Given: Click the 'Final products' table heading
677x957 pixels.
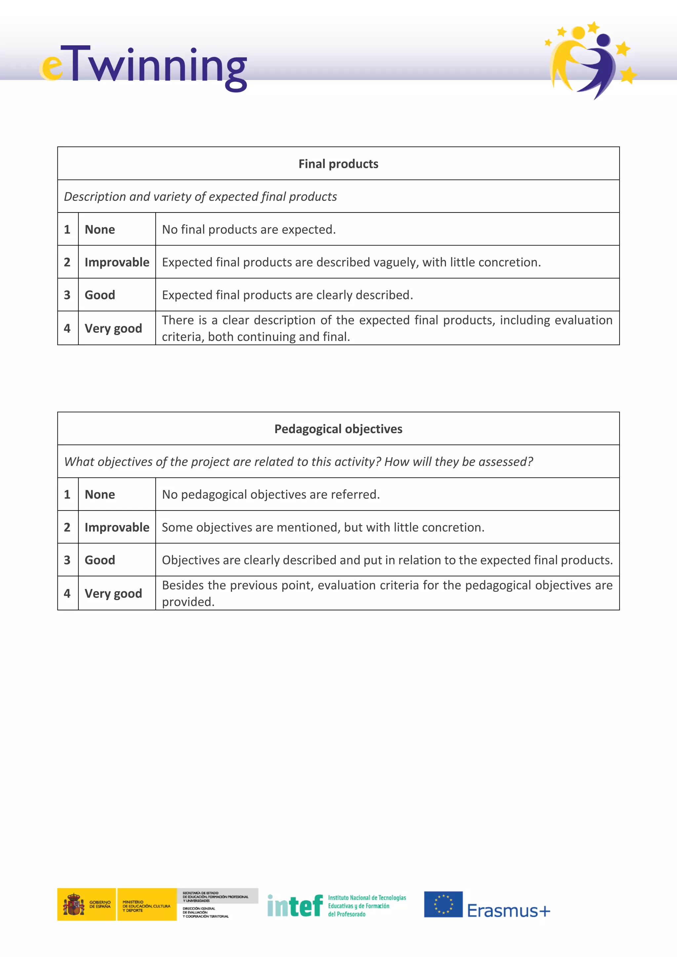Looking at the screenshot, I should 338,164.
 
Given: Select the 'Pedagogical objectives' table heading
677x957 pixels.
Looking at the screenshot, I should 338,429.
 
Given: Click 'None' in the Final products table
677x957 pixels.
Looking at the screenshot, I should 100,229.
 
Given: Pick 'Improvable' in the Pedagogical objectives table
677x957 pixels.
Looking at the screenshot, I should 117,527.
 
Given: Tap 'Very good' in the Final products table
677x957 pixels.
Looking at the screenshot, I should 113,328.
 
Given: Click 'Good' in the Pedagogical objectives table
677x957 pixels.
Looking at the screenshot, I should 100,560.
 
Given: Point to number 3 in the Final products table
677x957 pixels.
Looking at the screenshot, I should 67,295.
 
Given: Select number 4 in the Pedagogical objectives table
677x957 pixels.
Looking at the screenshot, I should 67,593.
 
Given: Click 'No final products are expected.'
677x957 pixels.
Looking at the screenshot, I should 249,229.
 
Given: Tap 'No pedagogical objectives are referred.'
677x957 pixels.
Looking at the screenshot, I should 270,494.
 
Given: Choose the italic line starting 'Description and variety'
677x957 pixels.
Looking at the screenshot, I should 200,196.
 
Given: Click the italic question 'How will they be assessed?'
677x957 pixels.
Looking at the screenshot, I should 458,462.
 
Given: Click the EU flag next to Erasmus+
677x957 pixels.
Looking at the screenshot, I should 443,904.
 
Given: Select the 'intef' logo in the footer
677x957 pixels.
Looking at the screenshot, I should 295,906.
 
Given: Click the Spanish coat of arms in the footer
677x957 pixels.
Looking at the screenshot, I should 74,904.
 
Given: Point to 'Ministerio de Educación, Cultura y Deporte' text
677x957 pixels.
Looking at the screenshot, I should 146,906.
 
